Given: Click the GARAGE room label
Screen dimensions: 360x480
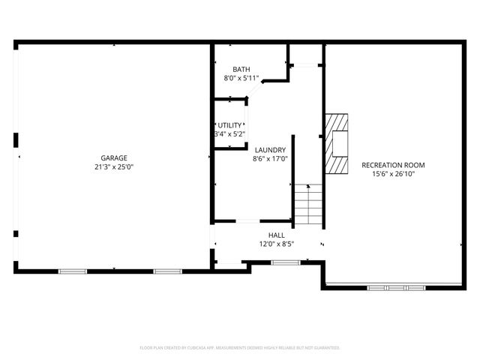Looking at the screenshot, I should (x=114, y=157).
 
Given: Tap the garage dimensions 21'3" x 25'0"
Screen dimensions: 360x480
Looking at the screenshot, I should (x=114, y=167).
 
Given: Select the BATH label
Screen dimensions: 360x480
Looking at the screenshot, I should (x=241, y=69).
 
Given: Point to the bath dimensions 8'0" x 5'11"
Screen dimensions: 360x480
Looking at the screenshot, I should (x=241, y=78).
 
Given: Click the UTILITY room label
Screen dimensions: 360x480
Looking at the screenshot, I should (x=229, y=124).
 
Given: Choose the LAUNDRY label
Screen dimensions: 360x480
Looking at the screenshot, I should (x=270, y=149).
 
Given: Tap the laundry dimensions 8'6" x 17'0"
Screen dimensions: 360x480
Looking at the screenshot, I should (x=270, y=158).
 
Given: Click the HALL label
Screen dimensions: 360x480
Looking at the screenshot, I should (x=276, y=235).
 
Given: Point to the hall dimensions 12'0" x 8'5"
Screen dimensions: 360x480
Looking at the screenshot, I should (x=276, y=244).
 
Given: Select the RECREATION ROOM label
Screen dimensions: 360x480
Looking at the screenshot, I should (x=393, y=164).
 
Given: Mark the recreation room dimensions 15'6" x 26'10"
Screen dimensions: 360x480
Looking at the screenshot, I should (x=393, y=173).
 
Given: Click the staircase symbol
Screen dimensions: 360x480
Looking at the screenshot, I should (x=307, y=204).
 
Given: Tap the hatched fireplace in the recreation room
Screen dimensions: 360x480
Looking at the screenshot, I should (x=338, y=144).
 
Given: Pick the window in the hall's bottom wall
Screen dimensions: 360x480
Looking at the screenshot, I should (x=284, y=262).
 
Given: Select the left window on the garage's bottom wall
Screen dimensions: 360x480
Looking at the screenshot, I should (x=73, y=270).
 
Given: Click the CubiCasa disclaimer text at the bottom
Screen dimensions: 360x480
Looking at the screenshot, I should (x=240, y=348).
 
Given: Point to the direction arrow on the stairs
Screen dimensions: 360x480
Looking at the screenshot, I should (x=307, y=186).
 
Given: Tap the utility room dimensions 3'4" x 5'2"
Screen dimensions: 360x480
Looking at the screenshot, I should (x=229, y=133).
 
